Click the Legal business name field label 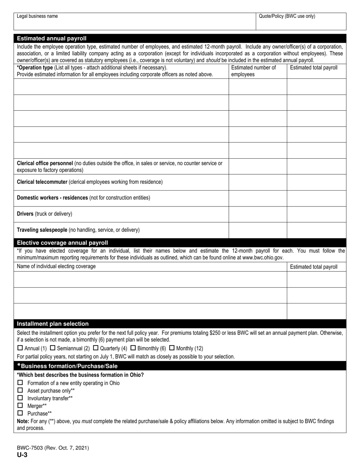[37, 16]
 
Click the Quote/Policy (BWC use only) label [286, 16]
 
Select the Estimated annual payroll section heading [52, 38]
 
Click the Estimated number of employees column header [253, 71]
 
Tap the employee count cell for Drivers [258, 214]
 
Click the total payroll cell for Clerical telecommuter [316, 182]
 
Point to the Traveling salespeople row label [78, 230]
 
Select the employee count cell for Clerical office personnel [258, 166]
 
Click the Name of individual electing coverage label [56, 266]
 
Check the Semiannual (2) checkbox [53, 348]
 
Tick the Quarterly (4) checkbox [95, 348]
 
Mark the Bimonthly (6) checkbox [133, 348]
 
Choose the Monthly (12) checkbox [172, 348]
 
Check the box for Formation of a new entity [20, 383]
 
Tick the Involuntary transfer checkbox [20, 398]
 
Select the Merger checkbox [20, 405]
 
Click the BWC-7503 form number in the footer [53, 448]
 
